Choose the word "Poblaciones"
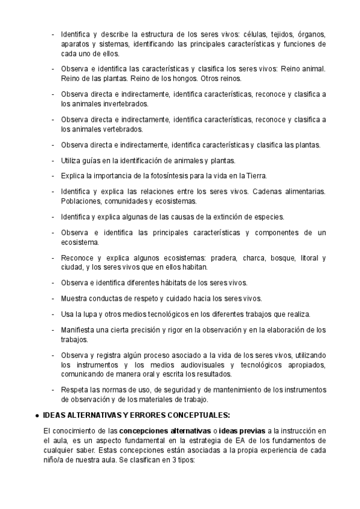click(x=80, y=201)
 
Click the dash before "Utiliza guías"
click(x=53, y=160)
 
